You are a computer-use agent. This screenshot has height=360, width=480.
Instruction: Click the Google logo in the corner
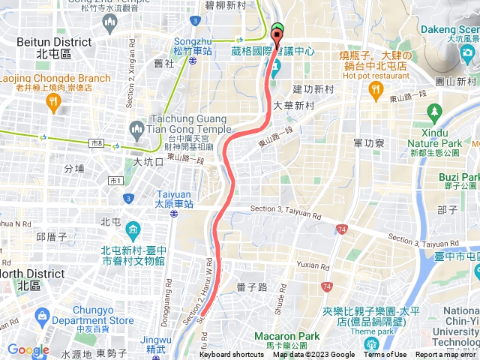[28, 349]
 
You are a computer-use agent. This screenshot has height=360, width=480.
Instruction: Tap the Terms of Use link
[385, 355]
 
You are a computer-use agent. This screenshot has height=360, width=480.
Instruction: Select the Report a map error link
[447, 355]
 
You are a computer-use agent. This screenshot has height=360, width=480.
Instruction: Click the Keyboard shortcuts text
[232, 355]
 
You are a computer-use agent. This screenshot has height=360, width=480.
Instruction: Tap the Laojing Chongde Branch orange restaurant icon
[53, 103]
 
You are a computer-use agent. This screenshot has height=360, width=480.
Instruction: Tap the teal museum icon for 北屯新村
[132, 229]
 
